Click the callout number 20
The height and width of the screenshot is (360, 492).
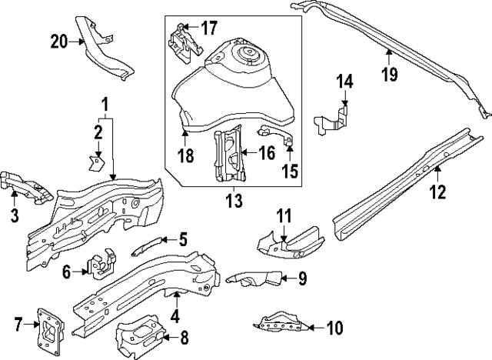60,42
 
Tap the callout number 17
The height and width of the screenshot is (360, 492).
209,28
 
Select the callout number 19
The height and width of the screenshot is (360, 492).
389,75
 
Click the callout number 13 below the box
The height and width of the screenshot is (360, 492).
233,201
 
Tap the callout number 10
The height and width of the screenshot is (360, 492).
334,328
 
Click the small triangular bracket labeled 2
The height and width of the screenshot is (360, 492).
96,162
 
